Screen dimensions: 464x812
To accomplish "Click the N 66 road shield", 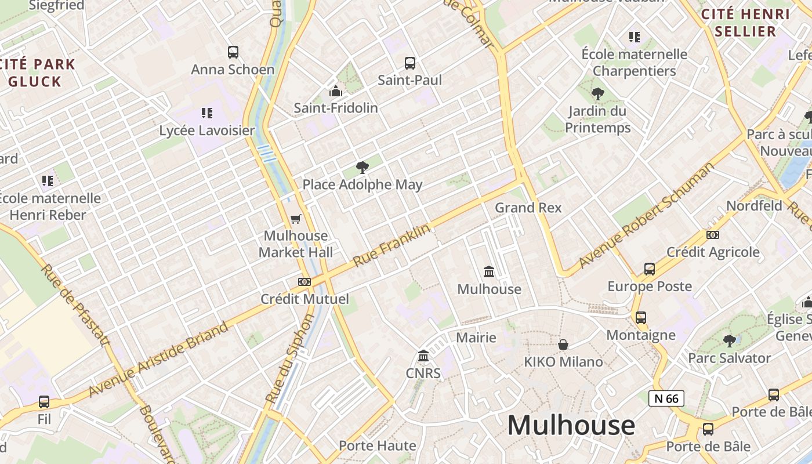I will (666, 398).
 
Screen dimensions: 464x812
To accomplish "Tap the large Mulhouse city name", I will (571, 425).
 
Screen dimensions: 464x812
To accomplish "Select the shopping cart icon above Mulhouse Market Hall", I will (296, 219).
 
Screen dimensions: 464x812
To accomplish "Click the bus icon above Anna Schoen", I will (233, 52).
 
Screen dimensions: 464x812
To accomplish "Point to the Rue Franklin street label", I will (392, 245).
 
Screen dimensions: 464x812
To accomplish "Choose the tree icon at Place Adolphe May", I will (362, 168).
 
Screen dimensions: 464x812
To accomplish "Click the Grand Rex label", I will (528, 208).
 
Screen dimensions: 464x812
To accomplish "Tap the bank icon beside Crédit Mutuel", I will (304, 282).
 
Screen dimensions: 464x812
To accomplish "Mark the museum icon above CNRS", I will (423, 356).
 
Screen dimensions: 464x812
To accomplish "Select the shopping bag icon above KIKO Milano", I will (563, 345).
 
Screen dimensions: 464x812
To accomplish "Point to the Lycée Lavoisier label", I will (207, 130).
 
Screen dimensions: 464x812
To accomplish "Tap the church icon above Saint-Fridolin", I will (335, 91).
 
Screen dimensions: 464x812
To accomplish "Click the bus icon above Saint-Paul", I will (409, 63).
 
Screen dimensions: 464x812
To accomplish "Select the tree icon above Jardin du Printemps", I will (597, 93).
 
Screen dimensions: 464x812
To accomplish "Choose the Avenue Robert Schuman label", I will (646, 220).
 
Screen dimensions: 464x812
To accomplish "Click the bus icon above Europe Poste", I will (649, 269).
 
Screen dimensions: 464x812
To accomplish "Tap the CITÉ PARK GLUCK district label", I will (38, 72).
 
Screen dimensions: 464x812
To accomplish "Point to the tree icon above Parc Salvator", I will (729, 340).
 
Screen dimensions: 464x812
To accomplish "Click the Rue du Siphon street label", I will (289, 359).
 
